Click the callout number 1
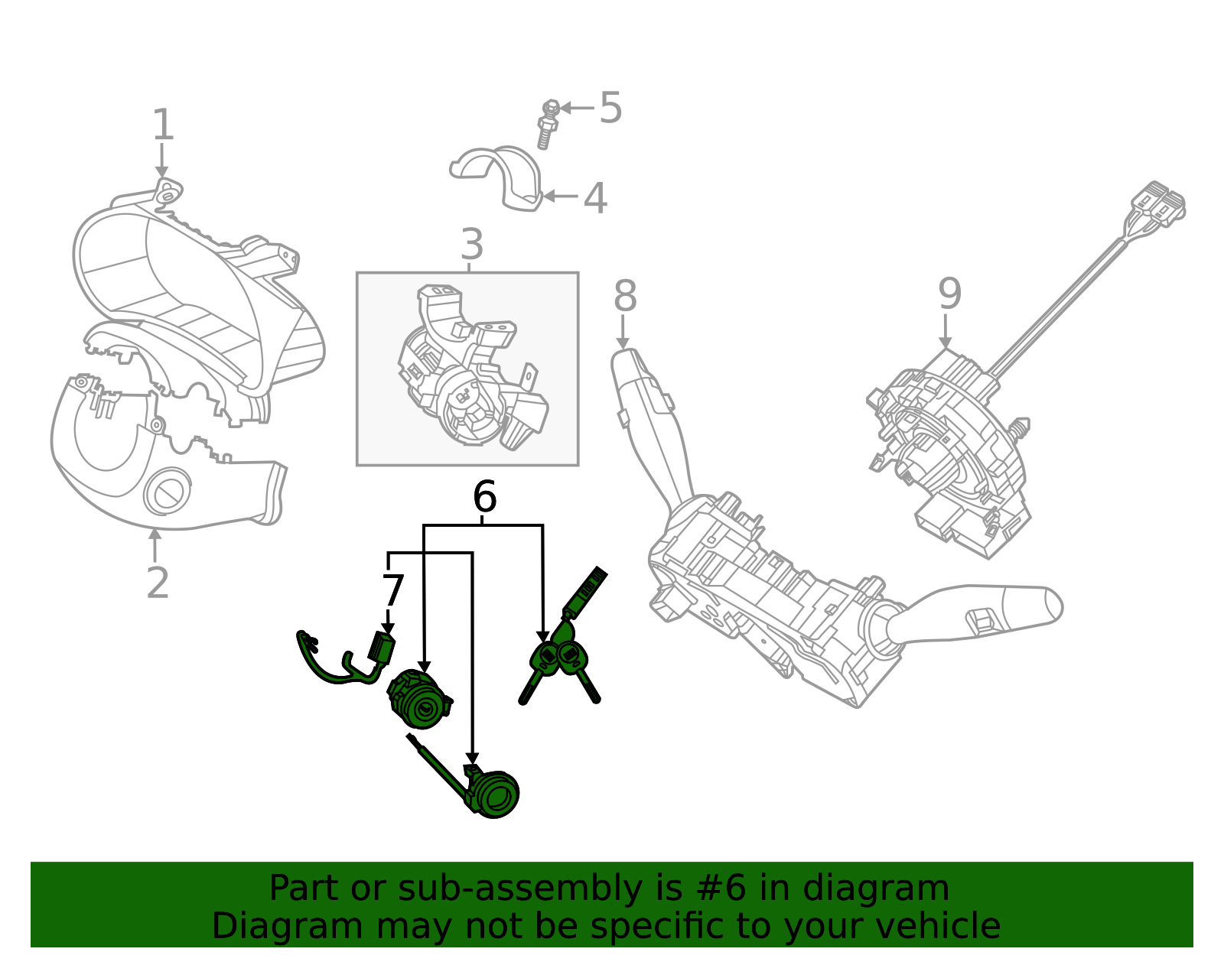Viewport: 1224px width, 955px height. point(163,125)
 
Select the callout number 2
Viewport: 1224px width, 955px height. point(158,583)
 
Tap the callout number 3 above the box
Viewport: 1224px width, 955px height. point(472,245)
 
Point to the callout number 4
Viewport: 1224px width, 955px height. point(595,199)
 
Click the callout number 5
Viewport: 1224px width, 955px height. point(610,108)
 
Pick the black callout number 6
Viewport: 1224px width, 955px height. point(484,498)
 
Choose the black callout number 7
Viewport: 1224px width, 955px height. point(392,592)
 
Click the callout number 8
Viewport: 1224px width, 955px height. point(625,296)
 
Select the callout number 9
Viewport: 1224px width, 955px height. point(949,294)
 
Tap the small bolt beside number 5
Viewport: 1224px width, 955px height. point(548,124)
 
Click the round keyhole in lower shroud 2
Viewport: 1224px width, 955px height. point(166,493)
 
